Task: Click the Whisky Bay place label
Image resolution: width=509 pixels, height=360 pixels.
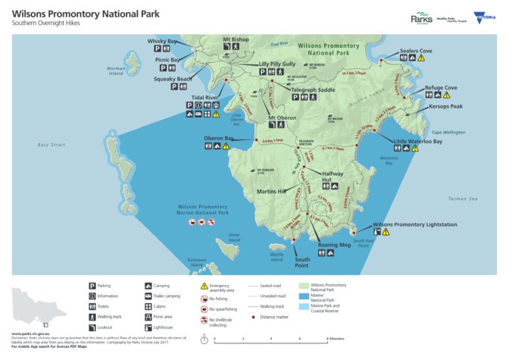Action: click(162, 41)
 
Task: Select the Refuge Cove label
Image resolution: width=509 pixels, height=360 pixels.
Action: click(441, 88)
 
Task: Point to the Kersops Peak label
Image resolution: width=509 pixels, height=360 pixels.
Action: click(445, 107)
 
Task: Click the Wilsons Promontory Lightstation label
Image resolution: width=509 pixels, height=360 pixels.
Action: click(414, 224)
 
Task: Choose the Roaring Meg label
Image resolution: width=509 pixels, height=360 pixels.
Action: click(334, 245)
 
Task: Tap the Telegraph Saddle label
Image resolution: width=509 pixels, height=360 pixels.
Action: click(314, 89)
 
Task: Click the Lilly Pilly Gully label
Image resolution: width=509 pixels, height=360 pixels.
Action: click(276, 64)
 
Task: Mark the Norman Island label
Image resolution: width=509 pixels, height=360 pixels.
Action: click(115, 71)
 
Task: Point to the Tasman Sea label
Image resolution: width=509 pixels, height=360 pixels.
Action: click(463, 199)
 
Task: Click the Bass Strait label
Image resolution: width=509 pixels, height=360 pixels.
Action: click(53, 143)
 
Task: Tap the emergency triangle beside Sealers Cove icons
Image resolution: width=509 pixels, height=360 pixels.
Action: click(421, 58)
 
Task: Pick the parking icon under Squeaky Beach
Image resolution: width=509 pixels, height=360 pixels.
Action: click(185, 87)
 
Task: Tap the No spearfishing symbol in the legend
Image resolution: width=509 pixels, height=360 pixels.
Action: click(205, 309)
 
